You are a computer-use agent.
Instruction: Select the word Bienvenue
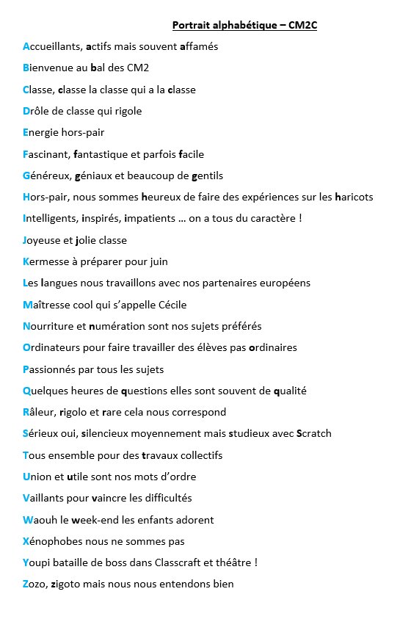48,68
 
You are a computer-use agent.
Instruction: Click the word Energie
42,133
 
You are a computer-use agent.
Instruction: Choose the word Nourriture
49,326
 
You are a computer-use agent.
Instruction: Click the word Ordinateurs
54,348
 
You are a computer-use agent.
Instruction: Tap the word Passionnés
51,369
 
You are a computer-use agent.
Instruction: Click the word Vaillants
46,499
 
